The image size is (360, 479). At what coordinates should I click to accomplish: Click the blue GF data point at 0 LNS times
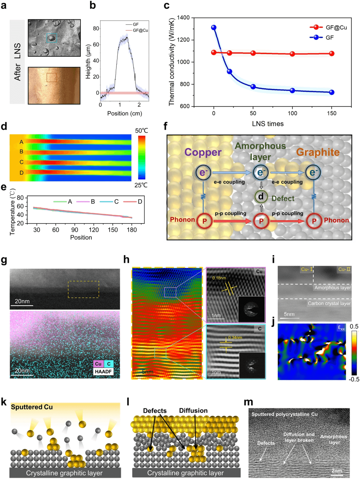tap(214, 28)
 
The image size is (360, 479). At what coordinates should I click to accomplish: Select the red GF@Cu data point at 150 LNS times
tap(331, 54)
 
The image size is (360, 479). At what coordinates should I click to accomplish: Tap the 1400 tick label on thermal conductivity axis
tap(183, 18)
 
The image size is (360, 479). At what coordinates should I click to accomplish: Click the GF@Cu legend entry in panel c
tap(336, 28)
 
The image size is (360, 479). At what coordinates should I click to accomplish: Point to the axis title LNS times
tap(268, 124)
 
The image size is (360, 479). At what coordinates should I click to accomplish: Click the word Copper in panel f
tap(203, 152)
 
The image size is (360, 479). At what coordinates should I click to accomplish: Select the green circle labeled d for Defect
tap(261, 197)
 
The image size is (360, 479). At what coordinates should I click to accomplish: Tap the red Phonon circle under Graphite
tap(314, 221)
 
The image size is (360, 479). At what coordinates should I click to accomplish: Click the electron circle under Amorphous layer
tap(260, 172)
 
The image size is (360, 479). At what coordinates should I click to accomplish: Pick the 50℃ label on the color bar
tap(141, 131)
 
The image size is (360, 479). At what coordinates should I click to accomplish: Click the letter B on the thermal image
tap(21, 152)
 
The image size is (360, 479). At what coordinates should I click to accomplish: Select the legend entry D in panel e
tap(140, 202)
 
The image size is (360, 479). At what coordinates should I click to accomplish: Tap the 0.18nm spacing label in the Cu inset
tap(219, 278)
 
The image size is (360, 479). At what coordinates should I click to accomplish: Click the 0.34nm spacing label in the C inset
tap(235, 337)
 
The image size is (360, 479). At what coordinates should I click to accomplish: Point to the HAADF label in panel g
tap(103, 371)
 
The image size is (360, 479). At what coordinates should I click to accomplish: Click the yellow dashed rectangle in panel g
tap(83, 289)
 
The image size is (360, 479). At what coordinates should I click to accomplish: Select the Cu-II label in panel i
tap(344, 269)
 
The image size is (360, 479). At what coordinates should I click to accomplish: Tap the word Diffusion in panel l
tap(193, 411)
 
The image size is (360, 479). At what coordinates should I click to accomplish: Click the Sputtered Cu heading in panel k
tap(32, 407)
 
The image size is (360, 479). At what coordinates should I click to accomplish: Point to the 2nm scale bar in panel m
tap(337, 471)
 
